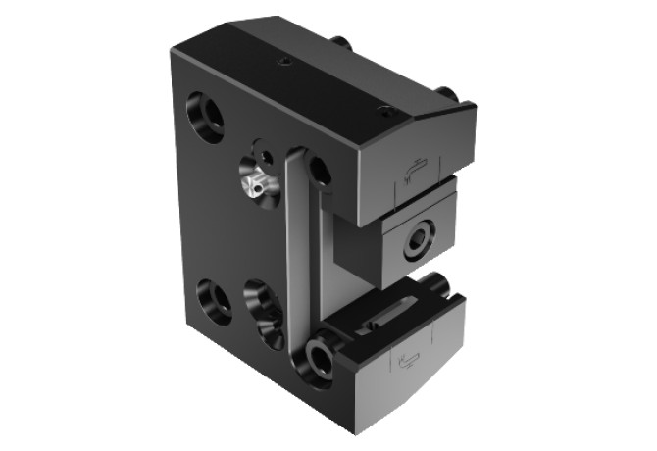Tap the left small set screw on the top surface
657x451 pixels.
284,61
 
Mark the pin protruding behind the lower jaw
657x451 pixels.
439,286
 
